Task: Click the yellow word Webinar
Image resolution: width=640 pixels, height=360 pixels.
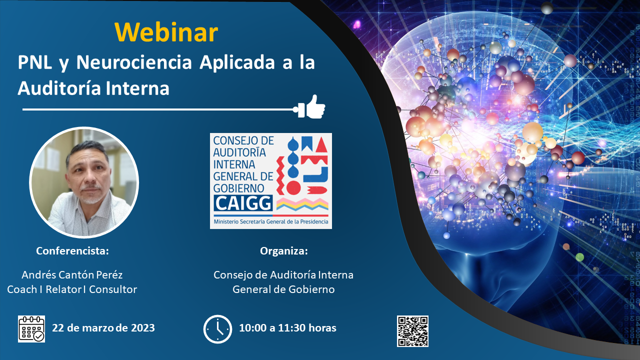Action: (166, 32)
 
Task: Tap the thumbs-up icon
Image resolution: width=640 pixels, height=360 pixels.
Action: (315, 106)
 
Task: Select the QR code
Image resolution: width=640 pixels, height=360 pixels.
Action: (412, 331)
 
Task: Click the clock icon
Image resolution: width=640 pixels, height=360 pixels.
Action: (217, 329)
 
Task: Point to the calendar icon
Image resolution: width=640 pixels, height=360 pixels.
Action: (31, 329)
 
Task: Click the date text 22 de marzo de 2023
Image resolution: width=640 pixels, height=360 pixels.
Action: (103, 328)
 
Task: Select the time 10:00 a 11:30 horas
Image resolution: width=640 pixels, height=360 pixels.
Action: (287, 328)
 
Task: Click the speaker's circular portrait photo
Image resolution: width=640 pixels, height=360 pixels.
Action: (84, 182)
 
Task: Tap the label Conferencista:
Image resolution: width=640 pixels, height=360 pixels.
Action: (72, 251)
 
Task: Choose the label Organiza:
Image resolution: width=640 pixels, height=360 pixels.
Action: (284, 251)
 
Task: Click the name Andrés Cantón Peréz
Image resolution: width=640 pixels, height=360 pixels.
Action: (72, 275)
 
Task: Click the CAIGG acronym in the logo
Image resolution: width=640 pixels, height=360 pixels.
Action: (243, 202)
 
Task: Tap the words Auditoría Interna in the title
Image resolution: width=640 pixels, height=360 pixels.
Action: (93, 88)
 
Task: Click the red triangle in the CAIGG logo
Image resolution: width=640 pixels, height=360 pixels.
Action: (320, 145)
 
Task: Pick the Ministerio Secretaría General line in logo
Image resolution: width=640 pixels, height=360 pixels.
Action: (270, 221)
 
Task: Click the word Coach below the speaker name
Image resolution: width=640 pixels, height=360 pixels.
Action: (22, 289)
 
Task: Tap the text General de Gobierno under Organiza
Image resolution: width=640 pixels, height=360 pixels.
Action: (283, 289)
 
